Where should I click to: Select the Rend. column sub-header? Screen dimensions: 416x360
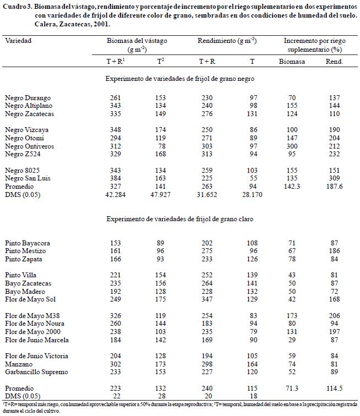coord(334,62)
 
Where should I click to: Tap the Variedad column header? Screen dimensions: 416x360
coord(18,41)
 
